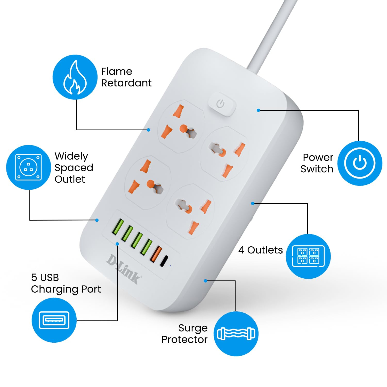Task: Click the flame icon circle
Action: tap(75, 77)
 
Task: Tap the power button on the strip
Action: tap(221, 104)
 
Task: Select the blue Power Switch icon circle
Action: tap(360, 163)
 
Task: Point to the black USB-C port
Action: tap(164, 261)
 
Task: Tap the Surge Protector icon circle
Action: tap(236, 334)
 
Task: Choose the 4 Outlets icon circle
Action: tap(308, 256)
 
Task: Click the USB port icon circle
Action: tap(54, 320)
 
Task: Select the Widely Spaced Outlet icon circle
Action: tap(28, 167)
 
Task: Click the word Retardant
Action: tap(126, 83)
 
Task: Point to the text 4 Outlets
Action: tap(260, 250)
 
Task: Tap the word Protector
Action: tap(184, 340)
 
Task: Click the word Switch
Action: tap(317, 169)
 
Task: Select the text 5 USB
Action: tap(45, 278)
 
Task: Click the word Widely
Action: tap(71, 156)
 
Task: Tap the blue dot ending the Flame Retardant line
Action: tap(148, 130)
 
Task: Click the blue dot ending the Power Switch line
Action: tap(258, 110)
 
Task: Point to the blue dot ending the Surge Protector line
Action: tap(205, 281)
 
